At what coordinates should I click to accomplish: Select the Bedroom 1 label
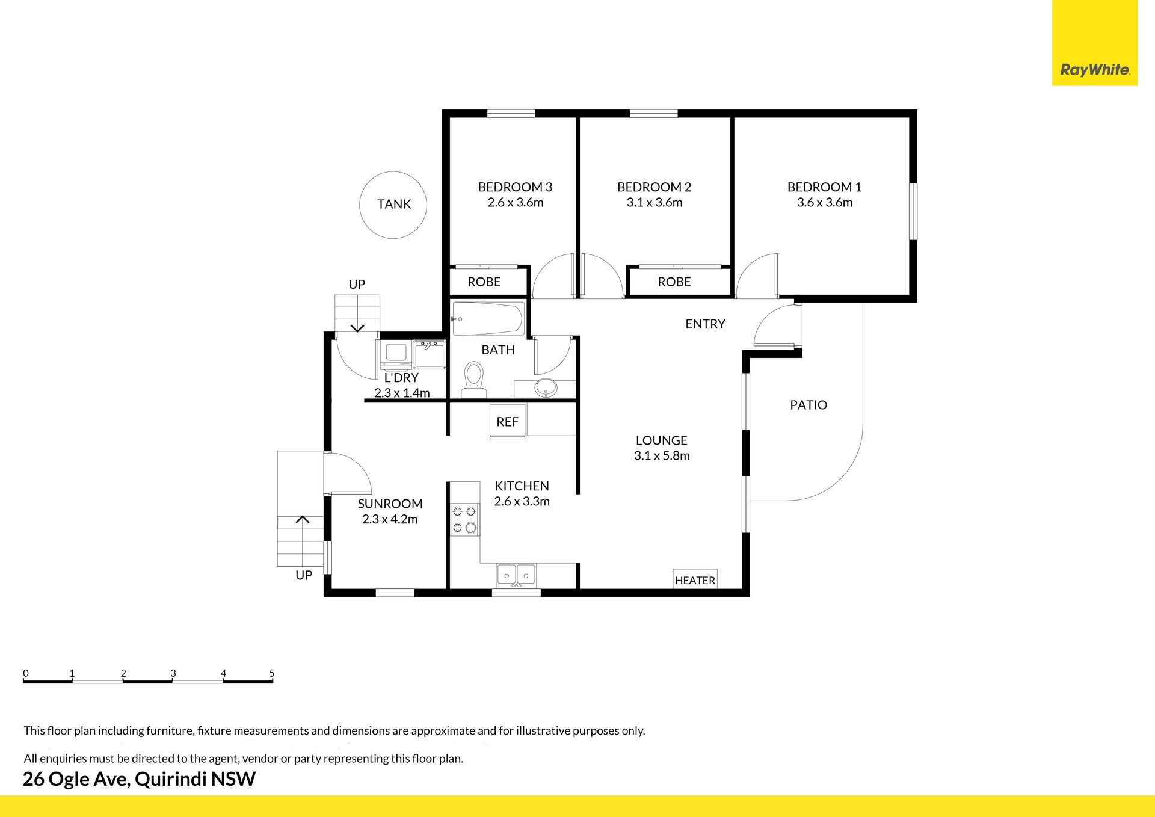click(824, 187)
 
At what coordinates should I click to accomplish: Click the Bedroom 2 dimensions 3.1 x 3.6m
click(654, 203)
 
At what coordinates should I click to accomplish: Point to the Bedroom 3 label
click(515, 187)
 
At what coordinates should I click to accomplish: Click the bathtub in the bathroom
click(487, 318)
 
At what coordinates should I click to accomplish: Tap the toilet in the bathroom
click(474, 380)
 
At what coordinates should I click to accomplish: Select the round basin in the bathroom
click(546, 387)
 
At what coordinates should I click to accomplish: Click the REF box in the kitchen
click(508, 422)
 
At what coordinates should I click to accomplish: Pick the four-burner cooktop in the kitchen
click(464, 520)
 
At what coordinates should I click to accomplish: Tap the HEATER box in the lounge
click(695, 579)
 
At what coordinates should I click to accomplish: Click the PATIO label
click(808, 405)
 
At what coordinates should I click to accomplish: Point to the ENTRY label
click(705, 324)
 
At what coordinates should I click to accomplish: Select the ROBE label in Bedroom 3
click(484, 282)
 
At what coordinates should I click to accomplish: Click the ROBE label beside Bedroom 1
click(674, 282)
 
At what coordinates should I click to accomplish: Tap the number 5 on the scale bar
click(272, 673)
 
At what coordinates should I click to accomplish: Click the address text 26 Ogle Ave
click(76, 779)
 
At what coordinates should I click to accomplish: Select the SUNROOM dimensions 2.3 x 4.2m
click(390, 519)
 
